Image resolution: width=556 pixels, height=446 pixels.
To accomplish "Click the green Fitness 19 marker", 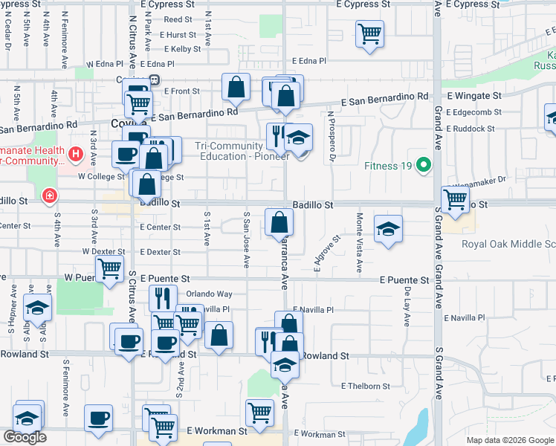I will [x=424, y=164].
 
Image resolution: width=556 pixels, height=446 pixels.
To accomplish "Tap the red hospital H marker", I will [x=75, y=155].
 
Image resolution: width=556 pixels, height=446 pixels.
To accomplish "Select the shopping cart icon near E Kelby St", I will [x=369, y=34].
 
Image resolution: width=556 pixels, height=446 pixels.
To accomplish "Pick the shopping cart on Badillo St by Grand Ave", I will [x=455, y=199].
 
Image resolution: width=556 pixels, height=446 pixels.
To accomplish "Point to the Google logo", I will [x=25, y=437].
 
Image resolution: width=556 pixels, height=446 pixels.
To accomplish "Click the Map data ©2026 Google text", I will [x=510, y=440].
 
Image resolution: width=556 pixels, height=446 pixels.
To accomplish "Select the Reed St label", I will [x=178, y=20].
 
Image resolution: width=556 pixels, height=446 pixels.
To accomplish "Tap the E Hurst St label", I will [x=176, y=35].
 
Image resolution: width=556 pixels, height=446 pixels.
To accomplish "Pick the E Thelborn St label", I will [x=365, y=387].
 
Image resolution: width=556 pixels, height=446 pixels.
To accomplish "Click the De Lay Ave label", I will [x=407, y=308].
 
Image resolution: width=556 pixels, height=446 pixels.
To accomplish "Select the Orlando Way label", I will [x=209, y=294].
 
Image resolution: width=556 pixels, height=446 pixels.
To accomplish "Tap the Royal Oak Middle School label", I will [x=508, y=244].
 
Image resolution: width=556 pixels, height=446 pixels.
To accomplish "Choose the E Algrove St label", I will [x=326, y=254].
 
